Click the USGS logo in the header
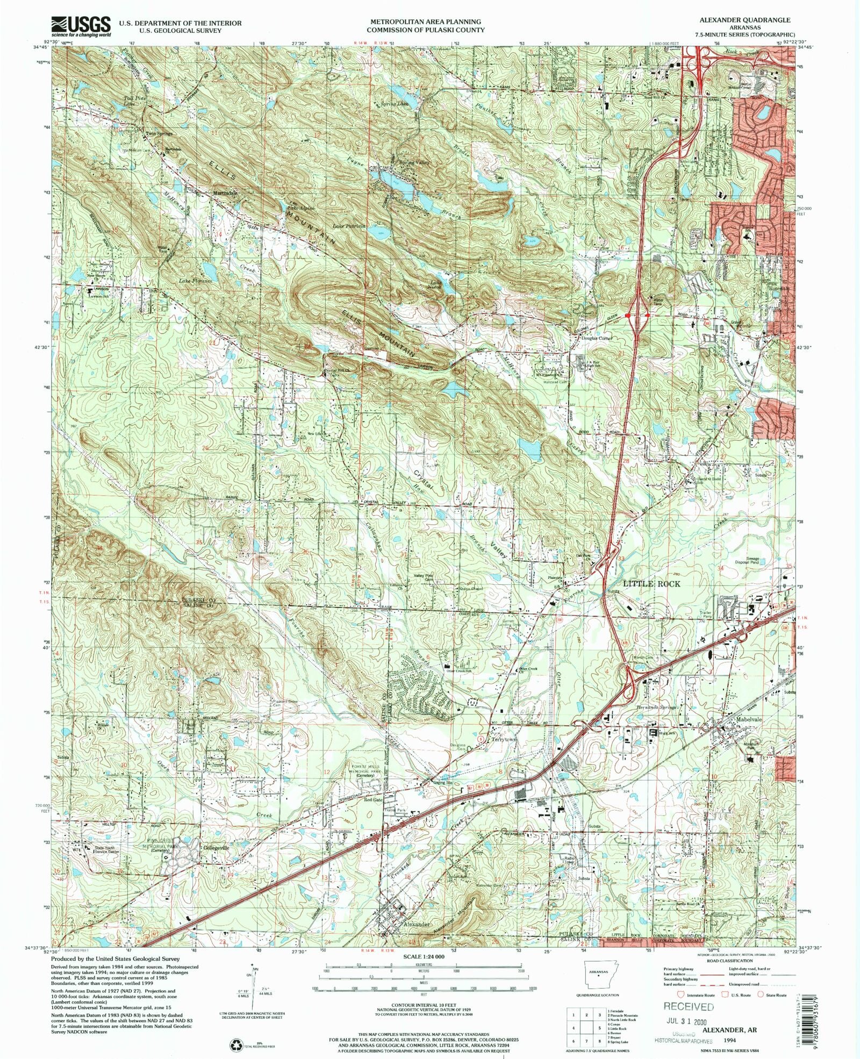pos(81,25)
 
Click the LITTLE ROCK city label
pos(652,584)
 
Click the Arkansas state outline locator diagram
pos(597,971)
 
